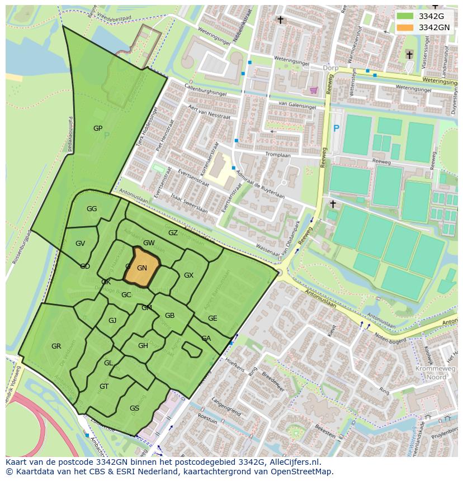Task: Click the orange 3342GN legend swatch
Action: (405, 27)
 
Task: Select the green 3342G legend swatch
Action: (405, 16)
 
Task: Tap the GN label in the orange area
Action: (142, 268)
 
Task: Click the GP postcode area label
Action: (98, 128)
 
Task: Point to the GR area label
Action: (56, 346)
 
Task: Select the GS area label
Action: (134, 408)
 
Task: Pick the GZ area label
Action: (173, 233)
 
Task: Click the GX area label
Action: (188, 275)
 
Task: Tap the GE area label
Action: (212, 318)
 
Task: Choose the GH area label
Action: (143, 346)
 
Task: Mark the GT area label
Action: (104, 387)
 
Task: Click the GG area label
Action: (92, 209)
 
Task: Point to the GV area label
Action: (80, 244)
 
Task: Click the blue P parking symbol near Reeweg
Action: (336, 128)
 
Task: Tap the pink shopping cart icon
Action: (314, 89)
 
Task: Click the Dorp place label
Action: (331, 68)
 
